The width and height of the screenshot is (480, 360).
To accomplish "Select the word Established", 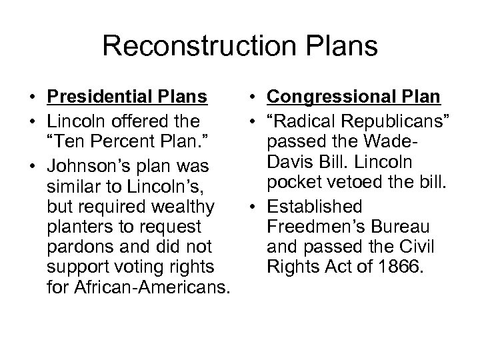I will click(314, 207).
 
